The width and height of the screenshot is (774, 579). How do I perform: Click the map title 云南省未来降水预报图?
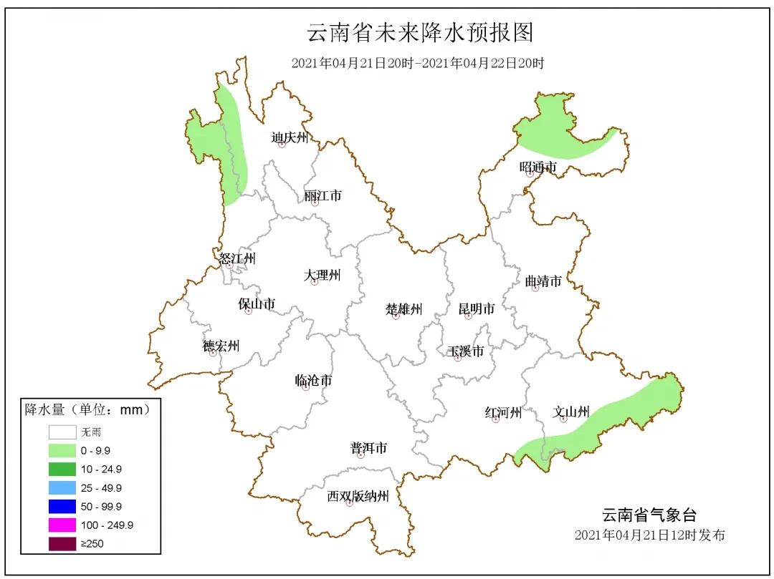421,33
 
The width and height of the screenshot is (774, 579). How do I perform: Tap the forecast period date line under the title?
418,63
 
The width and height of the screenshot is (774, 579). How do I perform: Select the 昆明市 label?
477,309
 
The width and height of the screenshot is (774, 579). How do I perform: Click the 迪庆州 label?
290,137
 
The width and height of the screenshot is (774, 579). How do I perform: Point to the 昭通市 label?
537,167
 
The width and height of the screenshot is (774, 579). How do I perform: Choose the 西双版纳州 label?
358,496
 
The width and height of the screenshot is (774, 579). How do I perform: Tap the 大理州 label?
322,275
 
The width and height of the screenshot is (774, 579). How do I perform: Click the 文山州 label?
571,412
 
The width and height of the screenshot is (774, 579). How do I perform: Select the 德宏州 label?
221,346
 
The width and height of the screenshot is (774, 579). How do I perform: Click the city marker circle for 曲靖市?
535,288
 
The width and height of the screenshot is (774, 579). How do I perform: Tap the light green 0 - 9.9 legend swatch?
62,451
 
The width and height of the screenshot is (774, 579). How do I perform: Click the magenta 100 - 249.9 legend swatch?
62,525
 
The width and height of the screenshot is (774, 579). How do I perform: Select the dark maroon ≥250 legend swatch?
62,543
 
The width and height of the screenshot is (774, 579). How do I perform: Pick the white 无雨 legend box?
62,432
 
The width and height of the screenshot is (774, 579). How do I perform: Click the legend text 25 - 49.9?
101,488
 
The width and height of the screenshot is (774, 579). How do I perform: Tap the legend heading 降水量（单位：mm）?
87,409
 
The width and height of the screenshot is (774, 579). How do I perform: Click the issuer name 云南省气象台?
648,515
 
